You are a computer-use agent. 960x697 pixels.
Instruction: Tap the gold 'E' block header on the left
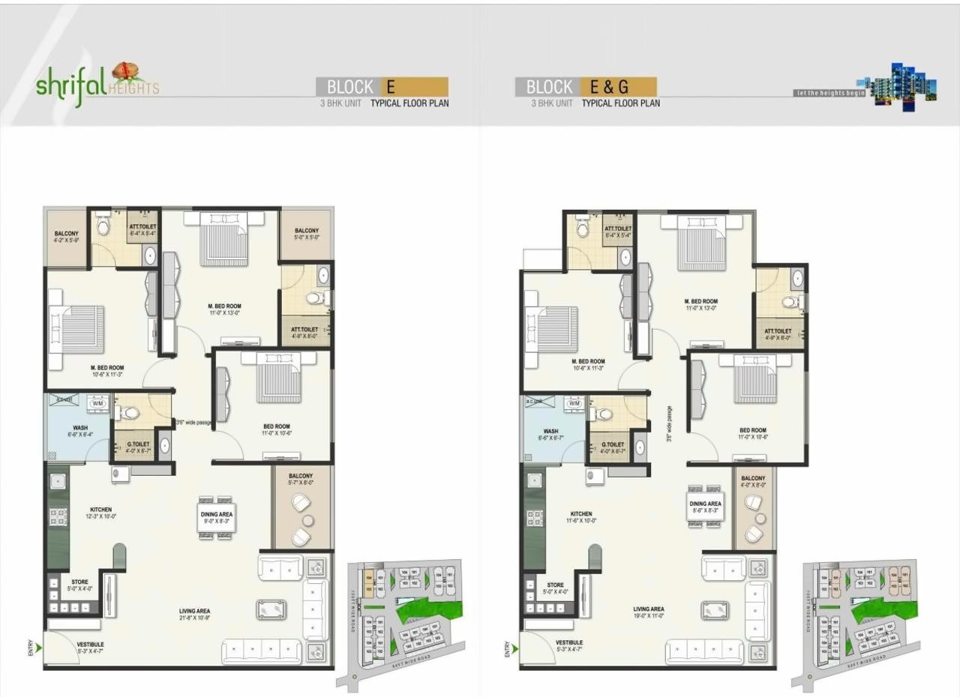coord(415,86)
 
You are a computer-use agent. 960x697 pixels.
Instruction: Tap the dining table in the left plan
coord(216,516)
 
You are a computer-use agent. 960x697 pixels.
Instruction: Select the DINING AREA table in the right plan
coord(705,507)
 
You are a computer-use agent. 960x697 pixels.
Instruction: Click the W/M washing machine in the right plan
coord(574,404)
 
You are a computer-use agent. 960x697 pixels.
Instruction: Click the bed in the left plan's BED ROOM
coord(279,379)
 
